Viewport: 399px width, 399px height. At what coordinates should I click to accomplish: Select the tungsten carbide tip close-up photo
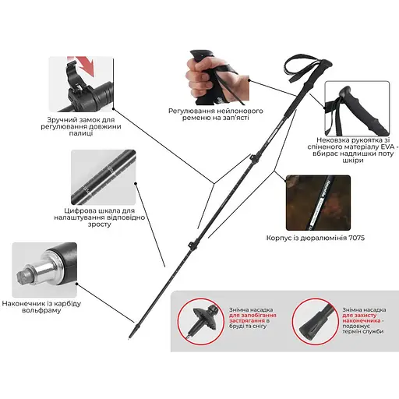[x=44, y=270]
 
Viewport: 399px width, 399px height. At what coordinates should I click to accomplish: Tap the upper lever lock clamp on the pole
[x=253, y=158]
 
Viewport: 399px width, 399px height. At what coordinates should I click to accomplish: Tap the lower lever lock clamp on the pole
[x=192, y=245]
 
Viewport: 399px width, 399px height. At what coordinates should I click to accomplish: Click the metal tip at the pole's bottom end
[x=129, y=338]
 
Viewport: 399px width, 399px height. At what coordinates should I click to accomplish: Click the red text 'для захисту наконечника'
[x=362, y=318]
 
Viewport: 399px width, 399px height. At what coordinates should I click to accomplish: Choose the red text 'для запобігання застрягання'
[x=252, y=318]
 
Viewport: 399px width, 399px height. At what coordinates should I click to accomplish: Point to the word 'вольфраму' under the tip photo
[x=41, y=310]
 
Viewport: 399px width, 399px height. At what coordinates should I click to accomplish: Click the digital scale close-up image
[x=104, y=177]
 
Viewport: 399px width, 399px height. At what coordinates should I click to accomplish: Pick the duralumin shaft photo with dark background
[x=318, y=203]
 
